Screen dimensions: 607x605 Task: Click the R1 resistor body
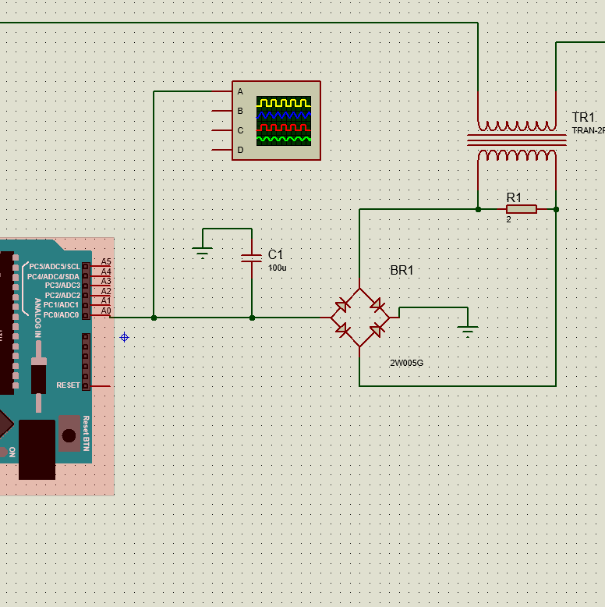click(522, 209)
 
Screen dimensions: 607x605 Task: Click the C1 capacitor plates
click(252, 258)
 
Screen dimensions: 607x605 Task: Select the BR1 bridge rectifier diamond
click(359, 318)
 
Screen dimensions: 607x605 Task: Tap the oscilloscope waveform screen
click(284, 121)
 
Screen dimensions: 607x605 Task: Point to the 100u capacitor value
click(278, 268)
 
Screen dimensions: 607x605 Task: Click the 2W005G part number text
click(407, 363)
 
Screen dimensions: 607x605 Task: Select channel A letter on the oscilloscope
click(240, 91)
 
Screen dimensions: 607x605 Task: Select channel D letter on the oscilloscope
click(240, 150)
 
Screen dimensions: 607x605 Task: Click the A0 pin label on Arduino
click(106, 311)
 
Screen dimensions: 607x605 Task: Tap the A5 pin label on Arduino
click(106, 262)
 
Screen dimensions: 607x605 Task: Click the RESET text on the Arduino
click(68, 385)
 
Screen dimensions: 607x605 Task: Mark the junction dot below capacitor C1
click(252, 318)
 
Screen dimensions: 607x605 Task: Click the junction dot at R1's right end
click(556, 209)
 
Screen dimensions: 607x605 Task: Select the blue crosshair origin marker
click(124, 337)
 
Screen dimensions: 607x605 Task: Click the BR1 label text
click(402, 271)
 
